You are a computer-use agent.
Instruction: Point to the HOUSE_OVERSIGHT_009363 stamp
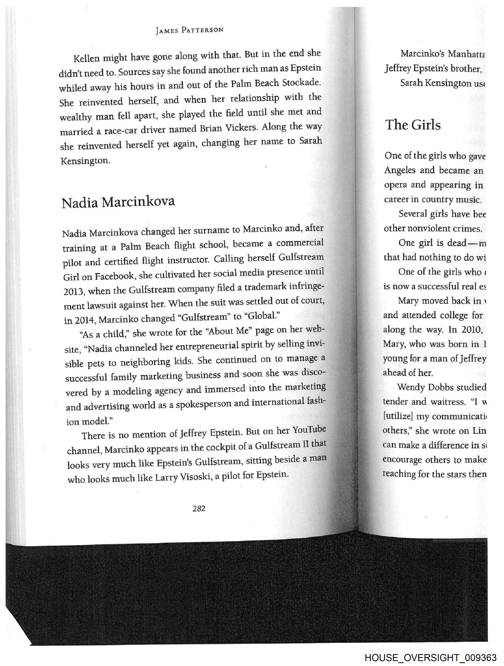click(x=430, y=657)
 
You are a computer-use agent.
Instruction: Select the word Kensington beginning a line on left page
click(x=85, y=161)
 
